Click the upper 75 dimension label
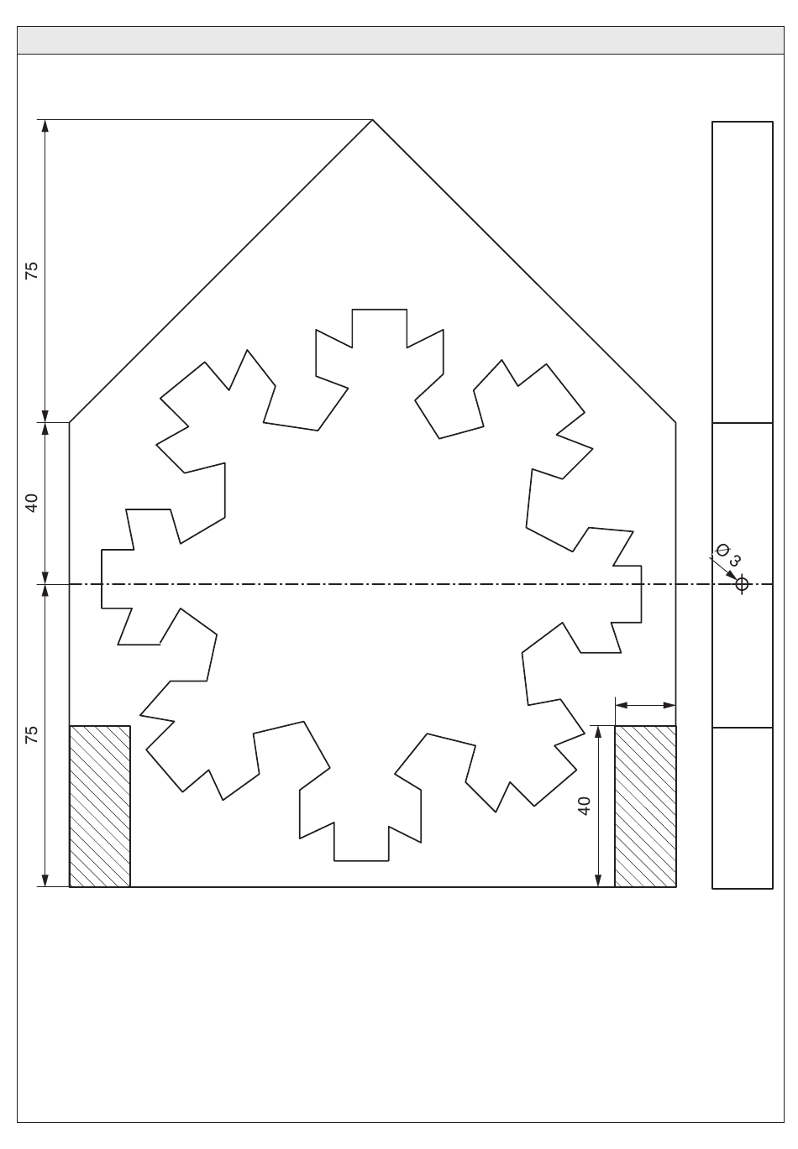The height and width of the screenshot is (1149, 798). coord(32,270)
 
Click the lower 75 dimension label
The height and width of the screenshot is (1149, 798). coord(32,734)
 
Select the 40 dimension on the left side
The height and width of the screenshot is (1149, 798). coord(32,503)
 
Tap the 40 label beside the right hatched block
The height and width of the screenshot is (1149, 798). coord(585,806)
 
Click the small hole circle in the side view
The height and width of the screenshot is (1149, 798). coord(742,584)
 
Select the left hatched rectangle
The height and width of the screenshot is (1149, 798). coord(100,807)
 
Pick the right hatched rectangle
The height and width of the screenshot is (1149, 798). coord(645,807)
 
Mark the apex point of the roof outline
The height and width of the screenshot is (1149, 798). coord(373,120)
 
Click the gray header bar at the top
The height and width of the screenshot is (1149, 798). coord(401,40)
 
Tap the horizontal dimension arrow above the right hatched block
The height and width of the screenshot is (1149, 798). coord(645,705)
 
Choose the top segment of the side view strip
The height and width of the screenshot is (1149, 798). coord(743,273)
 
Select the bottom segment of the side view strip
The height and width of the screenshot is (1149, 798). coord(743,808)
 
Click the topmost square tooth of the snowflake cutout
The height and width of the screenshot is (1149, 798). coord(380,328)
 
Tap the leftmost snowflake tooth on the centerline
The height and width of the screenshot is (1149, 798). coord(117,579)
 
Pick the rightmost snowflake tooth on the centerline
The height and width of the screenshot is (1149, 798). coord(627,594)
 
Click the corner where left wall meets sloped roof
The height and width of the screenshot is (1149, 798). coord(70,423)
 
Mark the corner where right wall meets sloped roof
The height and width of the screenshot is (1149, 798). coord(676,423)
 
